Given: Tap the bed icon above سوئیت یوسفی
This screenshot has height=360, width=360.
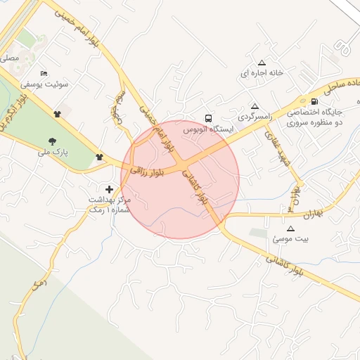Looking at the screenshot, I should pos(44,73).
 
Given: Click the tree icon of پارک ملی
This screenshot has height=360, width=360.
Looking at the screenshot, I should pos(53,141).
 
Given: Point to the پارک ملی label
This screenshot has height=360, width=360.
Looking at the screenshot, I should pos(53,152).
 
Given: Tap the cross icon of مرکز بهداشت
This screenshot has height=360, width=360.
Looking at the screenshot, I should pos(109,189).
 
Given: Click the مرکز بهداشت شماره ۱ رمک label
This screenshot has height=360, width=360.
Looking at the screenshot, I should pos(109,204).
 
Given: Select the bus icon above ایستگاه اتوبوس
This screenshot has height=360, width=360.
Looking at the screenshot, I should pos(207,118).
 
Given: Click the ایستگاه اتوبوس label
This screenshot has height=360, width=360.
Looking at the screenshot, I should pos(207,130).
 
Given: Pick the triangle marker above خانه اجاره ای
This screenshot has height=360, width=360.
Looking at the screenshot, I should pos(262,62).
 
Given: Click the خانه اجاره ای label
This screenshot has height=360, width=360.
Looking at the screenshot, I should pos(262,73).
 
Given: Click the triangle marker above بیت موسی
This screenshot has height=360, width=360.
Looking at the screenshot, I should pos(290,229).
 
